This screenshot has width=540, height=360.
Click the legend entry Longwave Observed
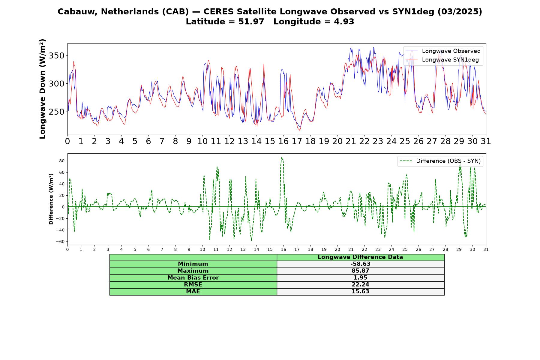click(443, 51)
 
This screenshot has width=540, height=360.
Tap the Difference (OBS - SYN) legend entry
click(440, 161)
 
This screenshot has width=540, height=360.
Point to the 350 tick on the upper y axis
click(56, 55)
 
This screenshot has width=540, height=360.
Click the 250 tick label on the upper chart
click(56, 112)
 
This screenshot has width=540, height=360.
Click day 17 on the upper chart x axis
click(297, 141)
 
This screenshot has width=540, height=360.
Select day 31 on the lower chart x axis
click(486, 249)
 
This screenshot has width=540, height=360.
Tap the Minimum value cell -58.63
click(360, 264)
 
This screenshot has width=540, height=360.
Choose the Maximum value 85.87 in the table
click(360, 271)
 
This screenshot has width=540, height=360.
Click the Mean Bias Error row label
click(193, 278)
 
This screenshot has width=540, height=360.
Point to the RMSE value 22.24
click(360, 285)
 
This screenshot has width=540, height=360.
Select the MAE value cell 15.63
click(360, 292)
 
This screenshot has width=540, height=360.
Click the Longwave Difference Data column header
click(360, 257)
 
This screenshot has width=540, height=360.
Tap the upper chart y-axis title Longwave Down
click(42, 89)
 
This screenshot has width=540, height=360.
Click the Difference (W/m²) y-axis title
click(51, 199)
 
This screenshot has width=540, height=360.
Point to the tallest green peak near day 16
click(282, 157)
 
